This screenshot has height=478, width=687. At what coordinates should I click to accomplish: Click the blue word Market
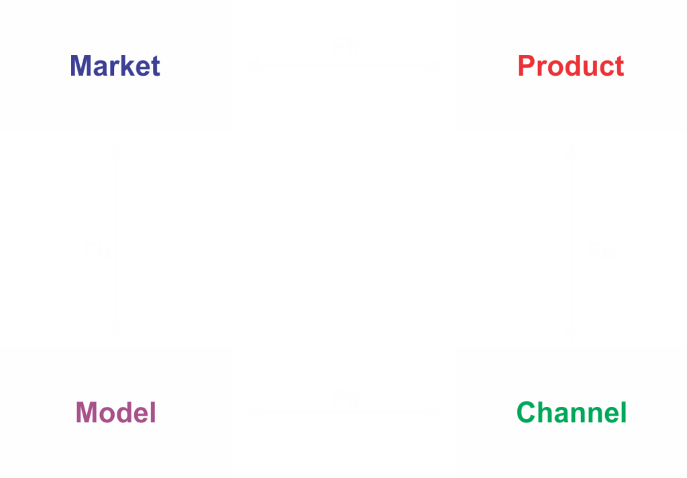click(115, 66)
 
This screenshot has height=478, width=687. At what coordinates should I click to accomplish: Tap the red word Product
click(571, 66)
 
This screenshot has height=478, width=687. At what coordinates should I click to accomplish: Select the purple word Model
click(115, 412)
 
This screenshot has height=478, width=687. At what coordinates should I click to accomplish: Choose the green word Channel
click(572, 412)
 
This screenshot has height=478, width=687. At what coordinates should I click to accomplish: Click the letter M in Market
click(81, 66)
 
